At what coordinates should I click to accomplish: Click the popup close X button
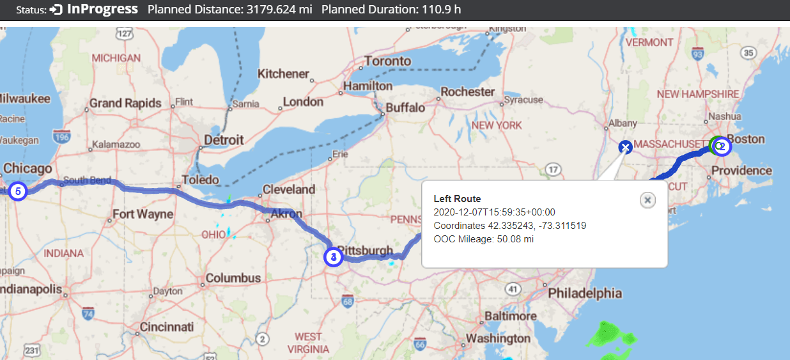647,200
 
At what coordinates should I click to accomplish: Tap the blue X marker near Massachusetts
625,148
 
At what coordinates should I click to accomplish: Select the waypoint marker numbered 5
18,191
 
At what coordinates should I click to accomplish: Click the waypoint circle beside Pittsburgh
333,257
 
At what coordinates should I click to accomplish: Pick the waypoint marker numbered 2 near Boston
722,146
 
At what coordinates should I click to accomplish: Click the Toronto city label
387,61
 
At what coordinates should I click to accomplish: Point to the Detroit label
223,139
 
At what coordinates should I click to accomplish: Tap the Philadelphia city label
584,293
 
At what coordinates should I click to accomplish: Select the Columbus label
233,278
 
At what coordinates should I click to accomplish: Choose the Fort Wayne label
143,214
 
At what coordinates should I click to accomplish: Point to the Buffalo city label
405,107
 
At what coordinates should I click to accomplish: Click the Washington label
498,338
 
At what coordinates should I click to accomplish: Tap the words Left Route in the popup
457,199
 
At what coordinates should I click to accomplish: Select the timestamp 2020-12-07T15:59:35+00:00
494,212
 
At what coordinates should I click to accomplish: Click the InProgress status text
102,10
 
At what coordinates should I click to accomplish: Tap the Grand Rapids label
125,103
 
